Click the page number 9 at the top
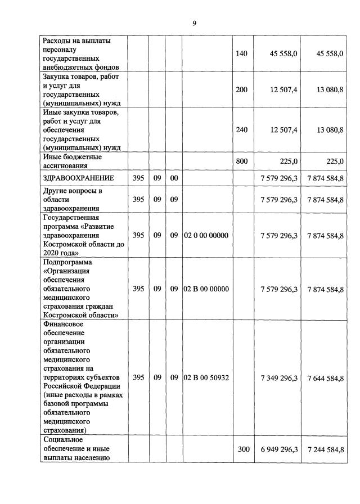coord(194,23)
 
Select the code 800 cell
coord(241,161)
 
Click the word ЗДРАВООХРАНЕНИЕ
coord(78,178)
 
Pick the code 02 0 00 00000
coord(206,236)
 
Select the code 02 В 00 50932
coord(206,377)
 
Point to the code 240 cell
coord(241,130)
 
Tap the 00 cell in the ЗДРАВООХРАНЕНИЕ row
coord(174,178)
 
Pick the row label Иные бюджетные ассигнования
coord(72,161)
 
